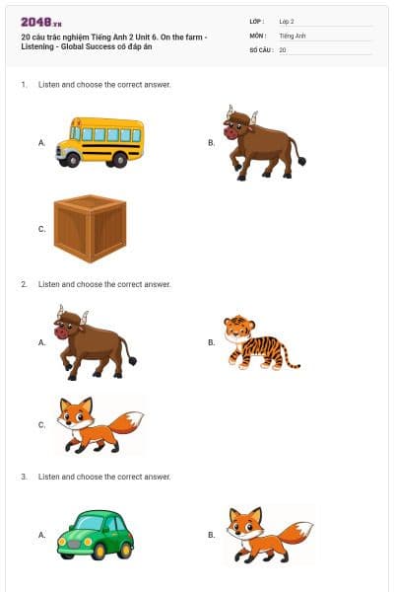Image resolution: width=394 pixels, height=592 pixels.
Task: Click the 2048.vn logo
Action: pos(41,23)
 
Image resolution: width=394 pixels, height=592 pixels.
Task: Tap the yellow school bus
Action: pos(100,142)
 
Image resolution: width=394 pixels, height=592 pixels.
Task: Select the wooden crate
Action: pos(90,229)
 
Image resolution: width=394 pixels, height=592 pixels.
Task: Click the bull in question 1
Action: pos(264,143)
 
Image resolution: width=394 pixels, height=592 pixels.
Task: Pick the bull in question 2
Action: pos(95,342)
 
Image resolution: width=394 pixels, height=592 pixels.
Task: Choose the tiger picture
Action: pos(261,342)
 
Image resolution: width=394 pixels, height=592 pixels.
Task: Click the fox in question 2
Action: pos(99,424)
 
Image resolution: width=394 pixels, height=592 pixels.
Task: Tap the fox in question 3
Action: pos(270,535)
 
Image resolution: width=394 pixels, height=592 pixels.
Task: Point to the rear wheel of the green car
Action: pos(124,552)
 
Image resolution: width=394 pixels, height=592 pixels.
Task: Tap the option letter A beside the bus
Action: pos(41,143)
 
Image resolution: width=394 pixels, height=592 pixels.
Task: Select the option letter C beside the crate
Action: pos(41,229)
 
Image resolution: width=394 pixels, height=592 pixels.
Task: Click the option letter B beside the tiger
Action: pos(211,342)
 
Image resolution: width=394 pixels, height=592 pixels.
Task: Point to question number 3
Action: pos(24,477)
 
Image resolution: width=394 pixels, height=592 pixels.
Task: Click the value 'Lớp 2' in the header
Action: pos(287,22)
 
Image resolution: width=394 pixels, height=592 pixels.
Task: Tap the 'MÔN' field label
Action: pos(258,36)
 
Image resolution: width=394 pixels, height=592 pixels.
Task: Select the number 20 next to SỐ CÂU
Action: pos(283,50)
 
